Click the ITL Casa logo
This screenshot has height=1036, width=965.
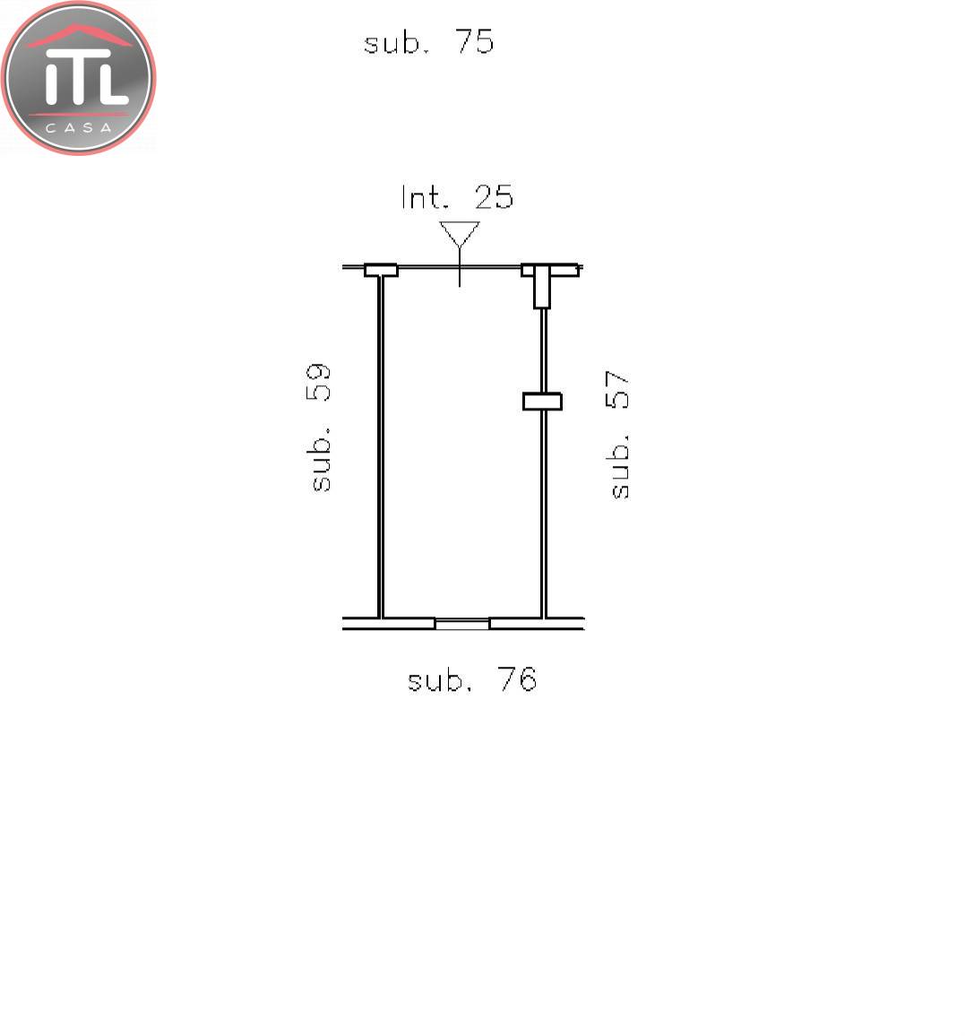[78, 78]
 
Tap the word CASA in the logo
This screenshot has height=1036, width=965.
[79, 127]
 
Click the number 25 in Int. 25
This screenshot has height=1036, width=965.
[494, 197]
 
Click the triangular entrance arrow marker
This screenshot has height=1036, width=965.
[460, 235]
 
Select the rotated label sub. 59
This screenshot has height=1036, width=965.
[320, 427]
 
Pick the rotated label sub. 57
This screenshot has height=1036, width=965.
[618, 434]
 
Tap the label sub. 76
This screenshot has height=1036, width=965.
[471, 679]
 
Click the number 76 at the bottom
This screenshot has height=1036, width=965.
[517, 679]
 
